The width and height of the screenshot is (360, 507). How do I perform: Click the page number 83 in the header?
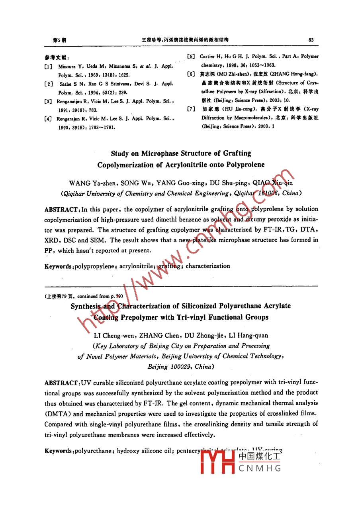tap(311, 40)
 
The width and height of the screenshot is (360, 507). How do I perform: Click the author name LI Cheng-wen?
tap(114, 336)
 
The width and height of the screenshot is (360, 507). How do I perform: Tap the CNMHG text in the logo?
tap(260, 468)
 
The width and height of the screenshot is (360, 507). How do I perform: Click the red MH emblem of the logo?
tap(217, 462)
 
